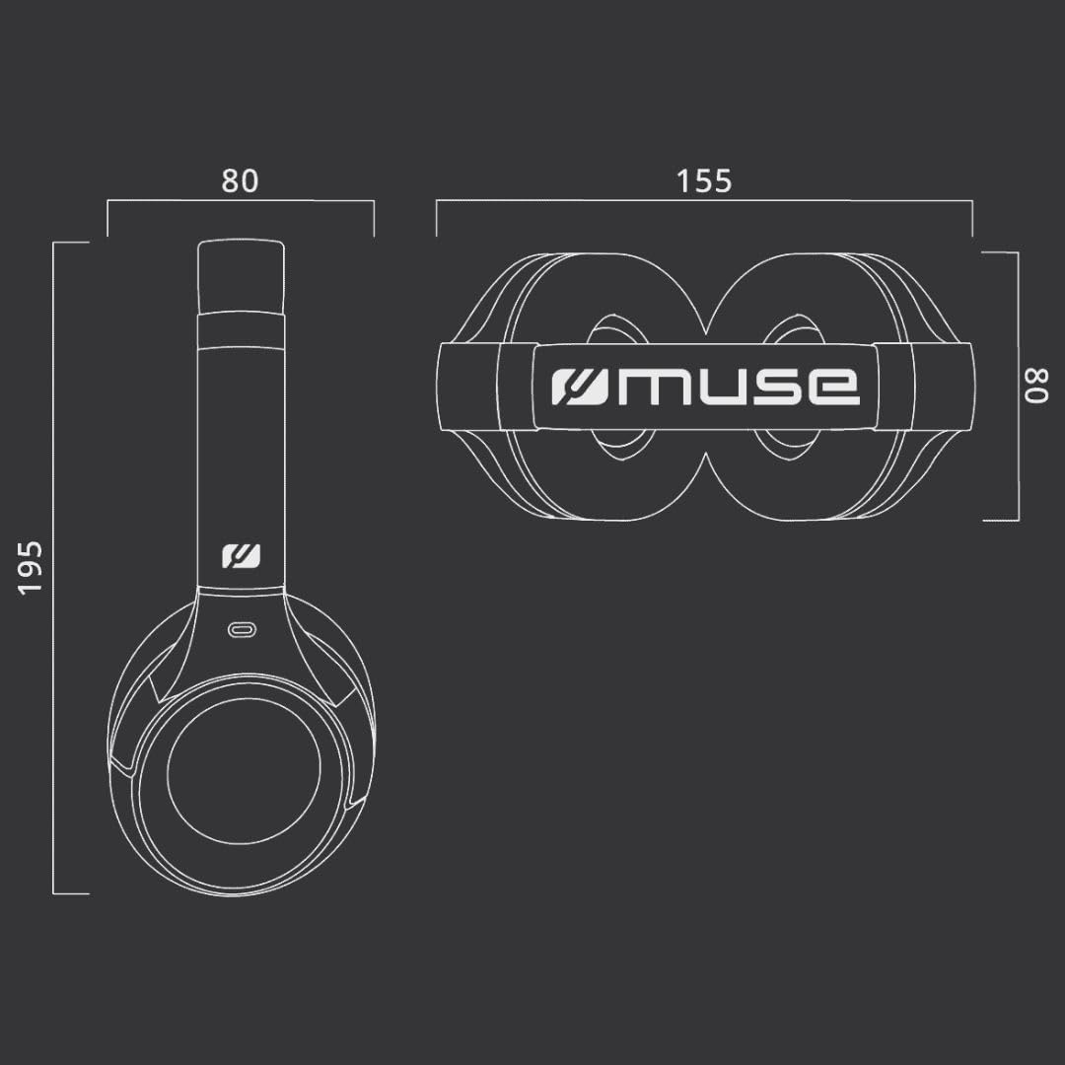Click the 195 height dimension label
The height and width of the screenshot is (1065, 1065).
[32, 567]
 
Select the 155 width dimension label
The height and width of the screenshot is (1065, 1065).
[704, 181]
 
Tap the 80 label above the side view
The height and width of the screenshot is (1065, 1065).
[240, 181]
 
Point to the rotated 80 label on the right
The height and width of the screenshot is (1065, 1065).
[1036, 386]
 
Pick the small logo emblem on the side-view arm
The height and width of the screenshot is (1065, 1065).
[241, 557]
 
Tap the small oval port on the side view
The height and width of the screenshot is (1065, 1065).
[242, 630]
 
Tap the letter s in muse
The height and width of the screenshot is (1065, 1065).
[783, 388]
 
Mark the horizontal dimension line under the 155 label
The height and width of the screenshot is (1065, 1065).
[704, 201]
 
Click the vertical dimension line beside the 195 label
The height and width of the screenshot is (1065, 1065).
[54, 567]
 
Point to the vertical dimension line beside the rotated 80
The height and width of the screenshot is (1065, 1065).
[1018, 386]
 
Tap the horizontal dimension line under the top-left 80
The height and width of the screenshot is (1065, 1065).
[240, 201]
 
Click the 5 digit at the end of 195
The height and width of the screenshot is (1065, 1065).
[32, 548]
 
